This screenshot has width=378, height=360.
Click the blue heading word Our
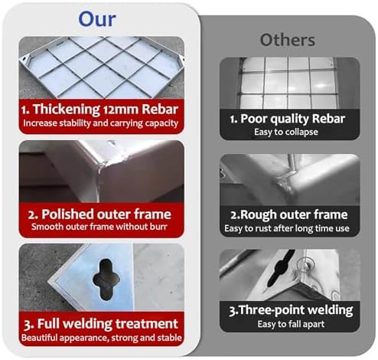click(97, 19)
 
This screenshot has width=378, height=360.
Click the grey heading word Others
click(288, 40)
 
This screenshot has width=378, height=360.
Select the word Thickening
click(67, 110)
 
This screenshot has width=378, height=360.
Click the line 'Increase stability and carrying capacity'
click(100, 123)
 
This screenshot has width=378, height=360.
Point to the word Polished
click(68, 214)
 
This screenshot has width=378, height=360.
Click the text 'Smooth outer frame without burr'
click(99, 227)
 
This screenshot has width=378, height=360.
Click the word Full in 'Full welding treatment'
click(48, 324)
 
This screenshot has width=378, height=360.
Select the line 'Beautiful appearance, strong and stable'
click(102, 338)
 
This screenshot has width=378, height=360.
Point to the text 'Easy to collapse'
click(286, 132)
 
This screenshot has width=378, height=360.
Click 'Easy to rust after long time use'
click(287, 228)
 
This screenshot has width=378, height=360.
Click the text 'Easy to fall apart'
click(291, 324)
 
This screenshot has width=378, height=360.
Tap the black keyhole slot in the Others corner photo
click(279, 268)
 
